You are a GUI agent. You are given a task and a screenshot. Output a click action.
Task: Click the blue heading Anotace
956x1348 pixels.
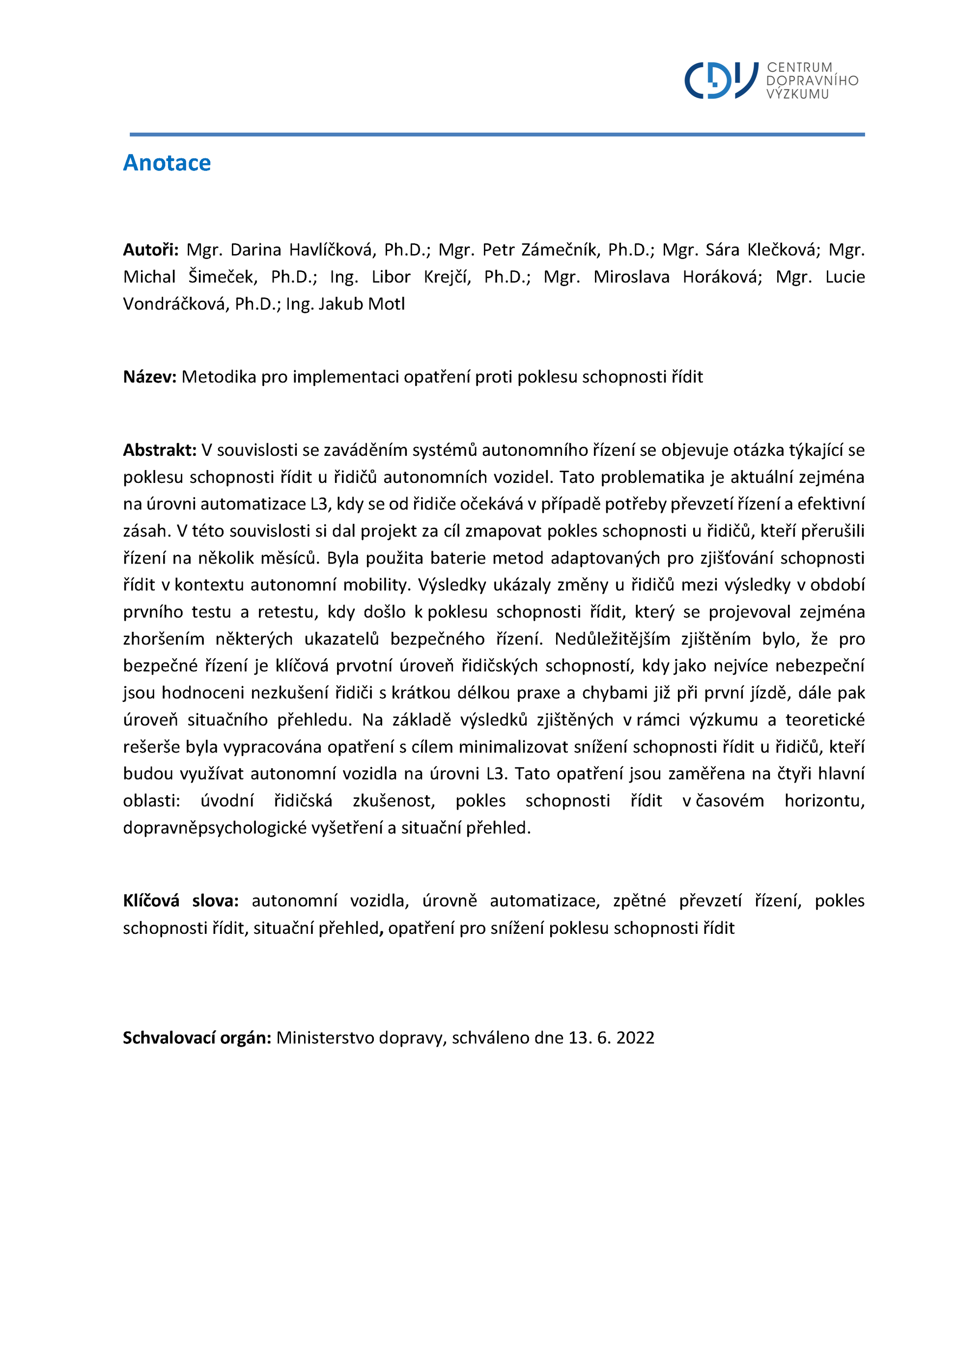167,163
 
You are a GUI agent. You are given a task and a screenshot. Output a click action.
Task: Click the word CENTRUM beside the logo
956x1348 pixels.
799,68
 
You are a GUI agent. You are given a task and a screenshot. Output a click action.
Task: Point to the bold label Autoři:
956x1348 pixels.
151,250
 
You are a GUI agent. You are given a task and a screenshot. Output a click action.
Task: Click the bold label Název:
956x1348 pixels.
149,377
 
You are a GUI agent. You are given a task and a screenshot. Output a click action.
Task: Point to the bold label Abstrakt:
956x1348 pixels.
159,450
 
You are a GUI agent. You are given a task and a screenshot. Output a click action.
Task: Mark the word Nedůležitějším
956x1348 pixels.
612,639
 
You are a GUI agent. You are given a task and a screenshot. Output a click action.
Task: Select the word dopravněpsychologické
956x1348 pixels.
215,828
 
